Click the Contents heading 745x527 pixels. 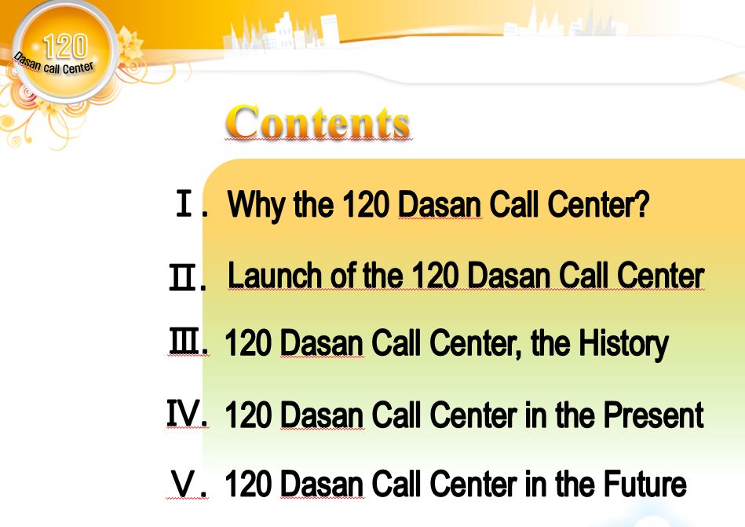point(318,122)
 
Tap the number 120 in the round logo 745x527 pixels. point(66,46)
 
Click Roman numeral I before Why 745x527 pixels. point(184,203)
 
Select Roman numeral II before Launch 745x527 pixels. point(181,276)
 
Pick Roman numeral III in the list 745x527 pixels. point(184,342)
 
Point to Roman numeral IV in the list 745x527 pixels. point(184,413)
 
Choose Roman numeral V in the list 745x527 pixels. point(184,484)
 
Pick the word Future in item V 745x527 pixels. point(645,484)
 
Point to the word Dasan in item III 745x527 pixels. point(322,343)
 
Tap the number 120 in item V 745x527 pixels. point(248,484)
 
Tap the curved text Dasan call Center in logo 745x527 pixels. point(53,64)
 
